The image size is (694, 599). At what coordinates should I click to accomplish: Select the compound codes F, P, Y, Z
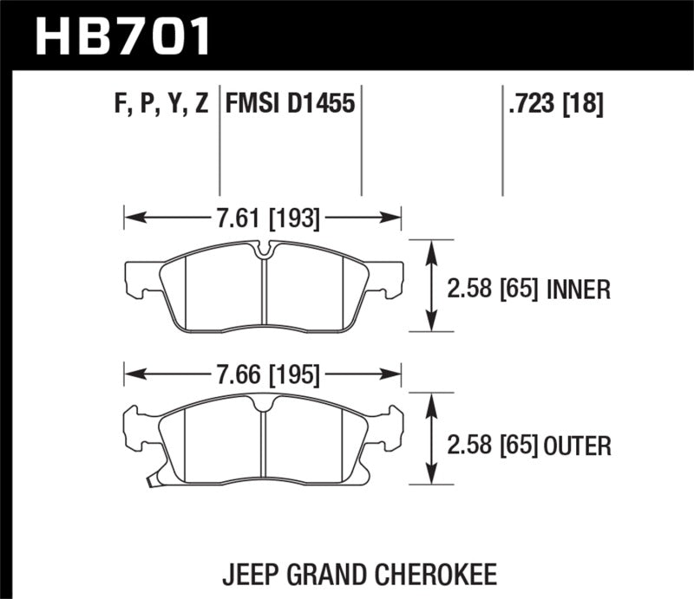[160, 105]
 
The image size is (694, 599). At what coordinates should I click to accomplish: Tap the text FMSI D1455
[290, 105]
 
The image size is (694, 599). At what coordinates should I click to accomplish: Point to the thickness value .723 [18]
[553, 105]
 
